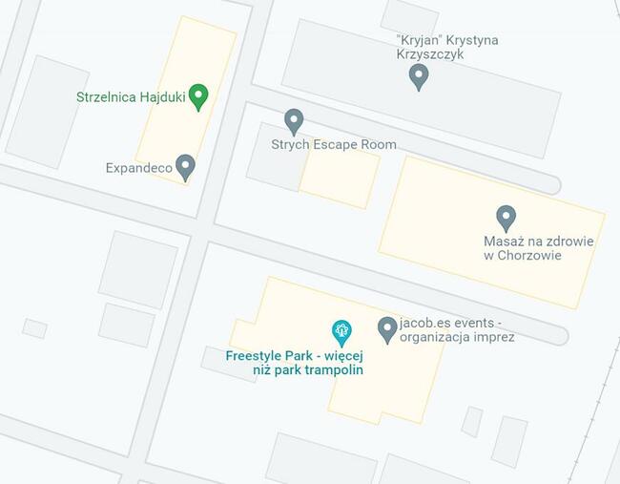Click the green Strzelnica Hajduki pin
198,95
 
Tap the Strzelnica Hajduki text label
131,96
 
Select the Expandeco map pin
186,167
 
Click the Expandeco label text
138,168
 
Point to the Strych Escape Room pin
294,121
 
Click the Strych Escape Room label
332,145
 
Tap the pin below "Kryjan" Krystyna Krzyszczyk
418,76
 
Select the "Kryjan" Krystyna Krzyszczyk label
446,48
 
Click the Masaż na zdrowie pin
506,218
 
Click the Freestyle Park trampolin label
294,363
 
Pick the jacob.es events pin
387,329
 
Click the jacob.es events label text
457,329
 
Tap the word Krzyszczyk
430,55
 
